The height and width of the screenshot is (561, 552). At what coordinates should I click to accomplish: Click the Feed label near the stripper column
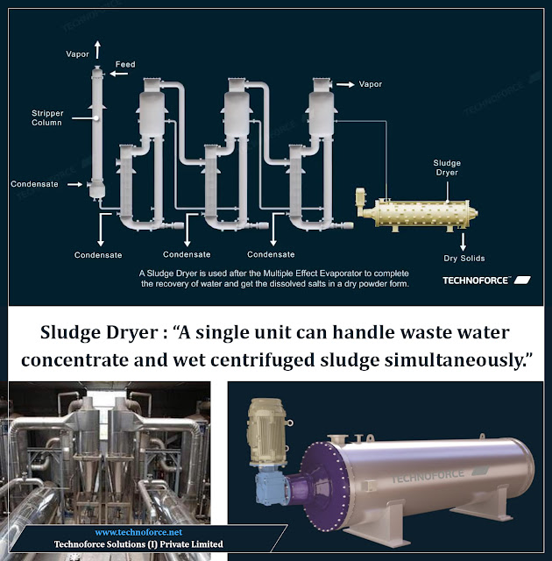125,65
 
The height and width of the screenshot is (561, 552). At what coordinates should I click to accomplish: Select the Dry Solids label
464,259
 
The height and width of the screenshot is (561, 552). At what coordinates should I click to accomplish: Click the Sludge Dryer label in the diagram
446,168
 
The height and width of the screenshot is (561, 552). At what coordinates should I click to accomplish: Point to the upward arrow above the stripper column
96,46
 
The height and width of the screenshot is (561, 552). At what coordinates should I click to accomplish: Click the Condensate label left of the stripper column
34,184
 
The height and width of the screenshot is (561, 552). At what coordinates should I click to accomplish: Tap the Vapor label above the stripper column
77,54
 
